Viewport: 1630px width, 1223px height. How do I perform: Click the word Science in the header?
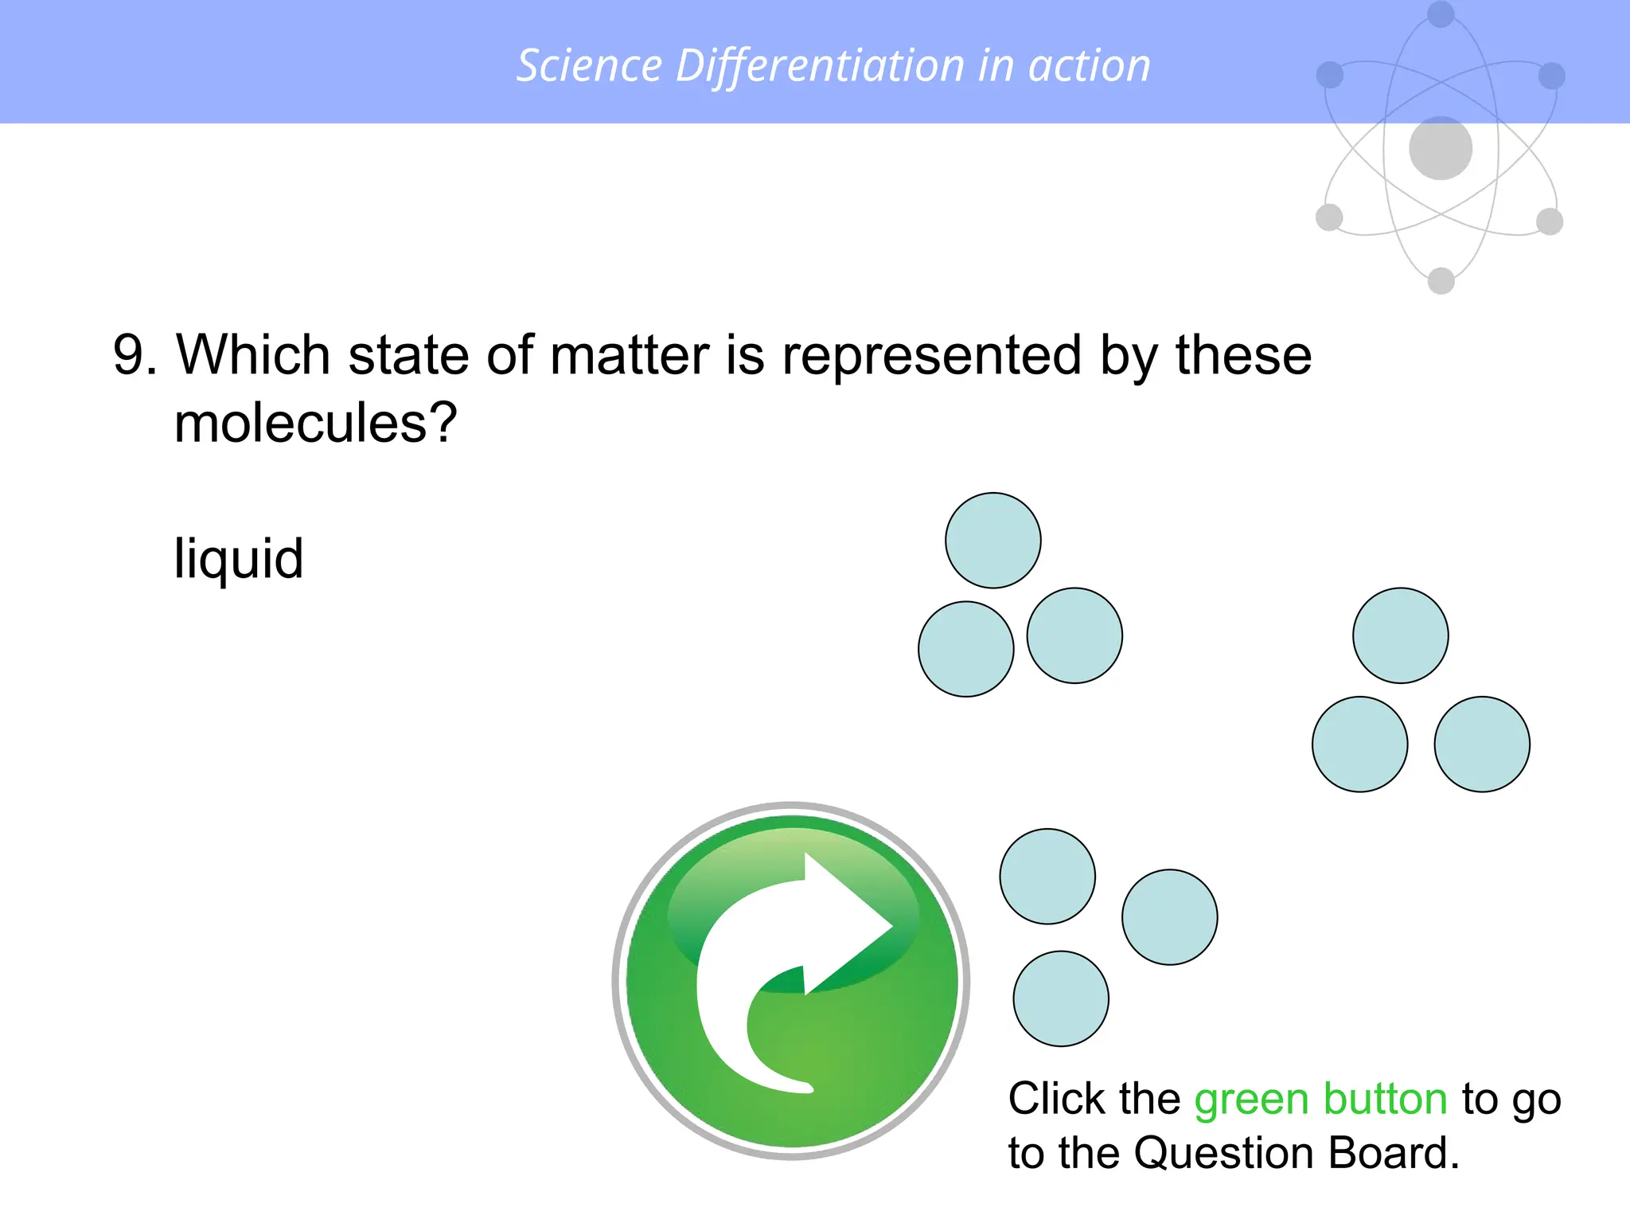[x=589, y=65]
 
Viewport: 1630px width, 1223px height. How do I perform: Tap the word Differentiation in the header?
[x=820, y=65]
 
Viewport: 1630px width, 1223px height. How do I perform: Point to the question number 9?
[x=129, y=355]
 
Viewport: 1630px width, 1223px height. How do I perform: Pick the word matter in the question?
[x=629, y=355]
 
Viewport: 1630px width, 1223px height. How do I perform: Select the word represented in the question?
[x=931, y=355]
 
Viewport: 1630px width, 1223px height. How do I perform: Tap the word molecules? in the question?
[x=315, y=424]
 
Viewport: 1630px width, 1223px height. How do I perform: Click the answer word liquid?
[x=239, y=559]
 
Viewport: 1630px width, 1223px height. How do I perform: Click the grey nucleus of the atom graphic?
[x=1441, y=148]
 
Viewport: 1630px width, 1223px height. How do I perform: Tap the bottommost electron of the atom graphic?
[x=1441, y=280]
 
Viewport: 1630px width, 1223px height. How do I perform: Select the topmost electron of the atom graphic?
[x=1441, y=14]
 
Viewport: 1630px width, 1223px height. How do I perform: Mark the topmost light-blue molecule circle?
[x=993, y=541]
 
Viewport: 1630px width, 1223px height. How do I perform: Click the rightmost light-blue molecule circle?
[x=1482, y=744]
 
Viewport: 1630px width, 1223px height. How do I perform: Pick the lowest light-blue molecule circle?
[x=1061, y=998]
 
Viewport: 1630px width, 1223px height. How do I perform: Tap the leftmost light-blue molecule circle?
[x=966, y=649]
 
